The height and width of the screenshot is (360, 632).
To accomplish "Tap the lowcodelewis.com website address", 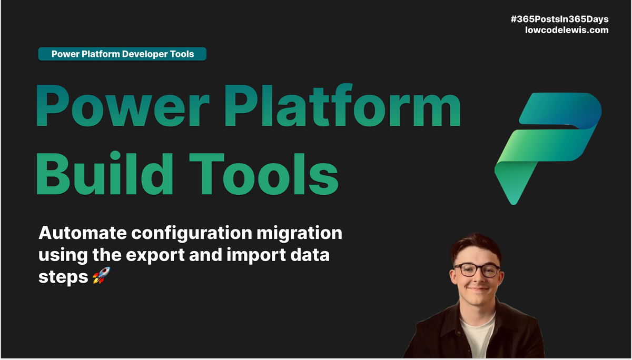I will coord(567,31).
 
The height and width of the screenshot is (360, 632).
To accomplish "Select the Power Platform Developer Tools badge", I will coord(122,54).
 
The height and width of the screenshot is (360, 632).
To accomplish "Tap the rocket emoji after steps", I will coord(98,277).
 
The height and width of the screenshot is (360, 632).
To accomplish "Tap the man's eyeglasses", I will coord(477,270).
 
